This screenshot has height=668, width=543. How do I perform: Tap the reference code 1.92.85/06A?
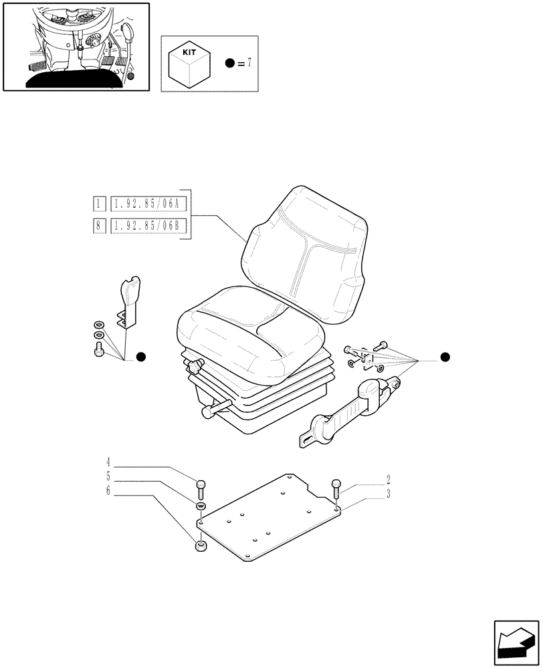click(148, 203)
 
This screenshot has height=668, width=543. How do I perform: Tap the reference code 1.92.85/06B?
click(148, 226)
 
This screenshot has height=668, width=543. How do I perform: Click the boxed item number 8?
click(98, 226)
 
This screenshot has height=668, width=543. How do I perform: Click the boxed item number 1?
click(98, 203)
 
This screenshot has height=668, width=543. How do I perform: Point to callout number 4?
click(108, 461)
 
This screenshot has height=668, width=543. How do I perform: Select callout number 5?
click(108, 477)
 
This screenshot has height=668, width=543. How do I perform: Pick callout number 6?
click(108, 493)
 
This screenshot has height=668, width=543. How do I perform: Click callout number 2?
click(387, 479)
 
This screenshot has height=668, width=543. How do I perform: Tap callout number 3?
click(387, 494)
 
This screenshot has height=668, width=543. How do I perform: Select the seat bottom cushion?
click(247, 327)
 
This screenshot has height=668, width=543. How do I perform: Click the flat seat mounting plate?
click(267, 521)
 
